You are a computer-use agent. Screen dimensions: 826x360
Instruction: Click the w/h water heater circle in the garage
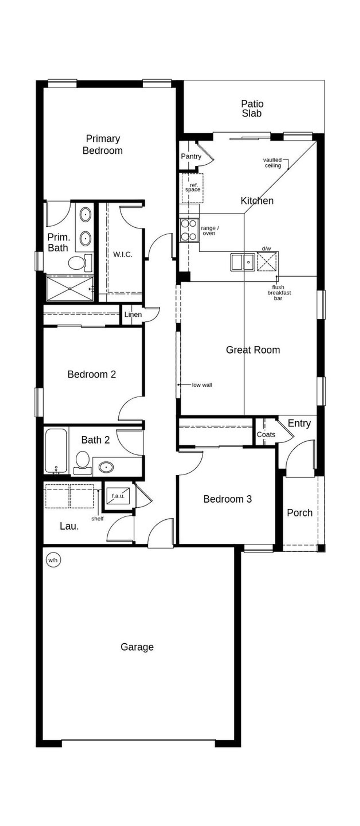(x=53, y=560)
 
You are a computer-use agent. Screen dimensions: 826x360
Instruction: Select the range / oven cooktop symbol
(x=188, y=230)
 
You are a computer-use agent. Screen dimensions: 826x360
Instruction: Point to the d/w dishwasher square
(x=266, y=261)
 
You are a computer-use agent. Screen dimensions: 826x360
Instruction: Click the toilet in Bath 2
(x=82, y=462)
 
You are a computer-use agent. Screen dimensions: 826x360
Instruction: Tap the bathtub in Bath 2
(x=56, y=451)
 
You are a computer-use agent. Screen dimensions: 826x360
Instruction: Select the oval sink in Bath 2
(x=106, y=467)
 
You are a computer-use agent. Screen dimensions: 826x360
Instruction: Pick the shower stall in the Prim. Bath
(x=70, y=288)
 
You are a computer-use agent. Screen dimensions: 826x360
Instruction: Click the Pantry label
(x=191, y=156)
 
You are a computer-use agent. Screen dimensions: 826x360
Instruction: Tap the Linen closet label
(x=133, y=314)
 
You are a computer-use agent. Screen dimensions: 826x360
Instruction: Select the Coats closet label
(x=266, y=435)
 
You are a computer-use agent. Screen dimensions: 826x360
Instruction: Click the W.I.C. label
(x=122, y=254)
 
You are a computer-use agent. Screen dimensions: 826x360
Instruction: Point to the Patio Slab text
(x=252, y=108)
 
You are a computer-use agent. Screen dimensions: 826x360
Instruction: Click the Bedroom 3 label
(x=227, y=499)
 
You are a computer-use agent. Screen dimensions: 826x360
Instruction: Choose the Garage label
(x=137, y=647)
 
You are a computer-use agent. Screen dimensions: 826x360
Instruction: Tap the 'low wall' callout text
(x=202, y=385)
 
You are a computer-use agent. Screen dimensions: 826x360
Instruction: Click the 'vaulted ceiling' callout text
(x=273, y=163)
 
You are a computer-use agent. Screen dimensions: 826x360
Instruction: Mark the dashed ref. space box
(x=192, y=188)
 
